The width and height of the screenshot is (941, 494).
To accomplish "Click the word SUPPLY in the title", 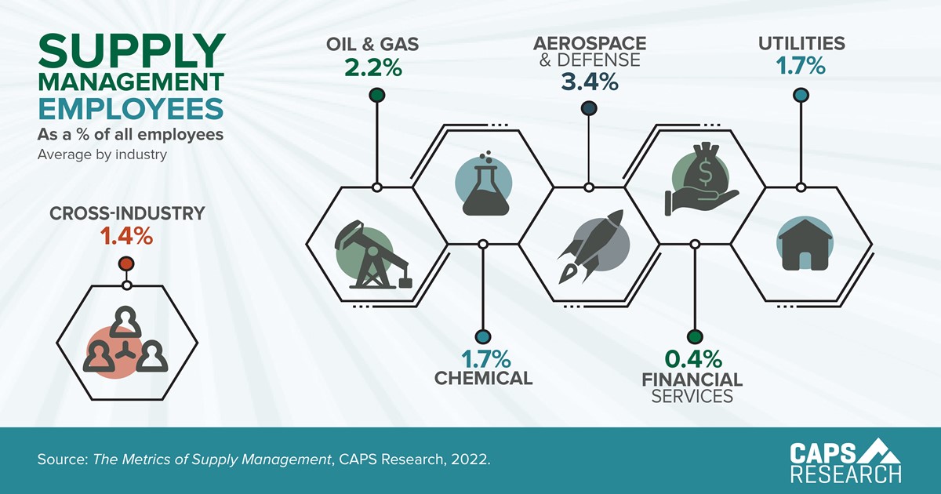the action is [x=132, y=51].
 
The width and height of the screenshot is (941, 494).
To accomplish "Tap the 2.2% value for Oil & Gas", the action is [x=373, y=67].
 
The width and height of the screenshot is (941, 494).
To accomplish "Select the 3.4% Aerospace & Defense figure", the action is [x=590, y=82].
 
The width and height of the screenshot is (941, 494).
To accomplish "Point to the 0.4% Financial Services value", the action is [x=693, y=359].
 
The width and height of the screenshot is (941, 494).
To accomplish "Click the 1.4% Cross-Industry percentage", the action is [x=126, y=236].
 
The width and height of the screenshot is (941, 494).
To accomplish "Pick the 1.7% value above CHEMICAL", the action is [x=485, y=359].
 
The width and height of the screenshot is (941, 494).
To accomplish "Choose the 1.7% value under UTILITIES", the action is [x=801, y=66].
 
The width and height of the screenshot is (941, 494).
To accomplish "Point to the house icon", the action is [x=805, y=245].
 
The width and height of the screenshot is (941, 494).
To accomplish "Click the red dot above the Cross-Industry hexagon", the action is [x=126, y=263].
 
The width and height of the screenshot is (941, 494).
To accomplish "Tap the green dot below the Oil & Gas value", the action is [x=377, y=95].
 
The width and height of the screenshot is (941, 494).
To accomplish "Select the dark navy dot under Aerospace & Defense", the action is [x=589, y=108].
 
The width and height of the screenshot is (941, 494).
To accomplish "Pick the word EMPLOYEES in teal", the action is [x=131, y=108].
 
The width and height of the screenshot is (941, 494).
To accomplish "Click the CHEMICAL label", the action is [x=484, y=378].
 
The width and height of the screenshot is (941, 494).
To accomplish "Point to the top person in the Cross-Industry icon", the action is [x=125, y=321].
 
